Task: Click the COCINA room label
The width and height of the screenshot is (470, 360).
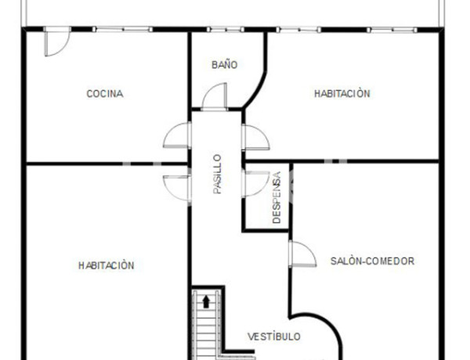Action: click(104, 94)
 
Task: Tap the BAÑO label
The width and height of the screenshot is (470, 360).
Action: click(224, 65)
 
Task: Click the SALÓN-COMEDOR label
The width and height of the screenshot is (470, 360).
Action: click(372, 261)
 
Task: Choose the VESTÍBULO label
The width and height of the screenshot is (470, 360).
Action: click(274, 337)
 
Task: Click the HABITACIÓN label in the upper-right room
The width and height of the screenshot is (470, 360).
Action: click(342, 94)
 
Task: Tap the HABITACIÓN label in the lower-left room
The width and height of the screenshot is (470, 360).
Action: click(107, 265)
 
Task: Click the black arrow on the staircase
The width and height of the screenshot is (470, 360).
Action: click(207, 300)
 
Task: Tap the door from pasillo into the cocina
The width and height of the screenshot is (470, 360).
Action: click(177, 136)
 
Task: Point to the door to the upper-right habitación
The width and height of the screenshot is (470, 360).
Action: click(256, 136)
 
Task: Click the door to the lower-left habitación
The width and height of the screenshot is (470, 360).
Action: click(177, 186)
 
